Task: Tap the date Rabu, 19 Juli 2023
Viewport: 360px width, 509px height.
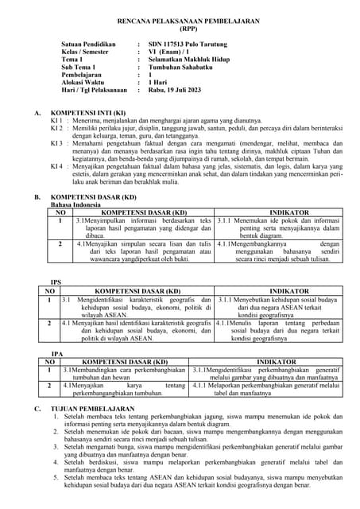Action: tap(179, 91)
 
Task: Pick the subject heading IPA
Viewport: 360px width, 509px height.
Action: tap(56, 352)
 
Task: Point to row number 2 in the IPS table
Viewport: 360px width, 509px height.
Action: tap(49, 324)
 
